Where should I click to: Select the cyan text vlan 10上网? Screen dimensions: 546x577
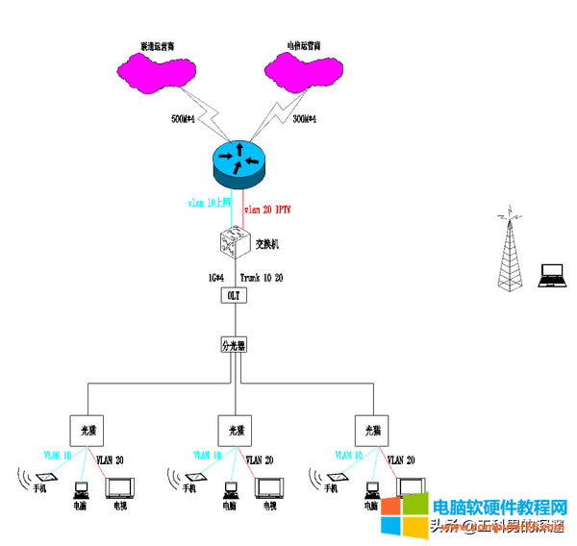(210, 204)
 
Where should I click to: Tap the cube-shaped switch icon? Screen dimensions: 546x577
(234, 240)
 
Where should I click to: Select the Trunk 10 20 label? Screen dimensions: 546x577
(261, 278)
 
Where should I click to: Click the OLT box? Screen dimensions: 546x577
(234, 296)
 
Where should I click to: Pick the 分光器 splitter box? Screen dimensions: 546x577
(234, 343)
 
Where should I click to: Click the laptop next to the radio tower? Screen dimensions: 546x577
(553, 275)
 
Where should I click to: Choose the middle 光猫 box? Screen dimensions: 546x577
(232, 430)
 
